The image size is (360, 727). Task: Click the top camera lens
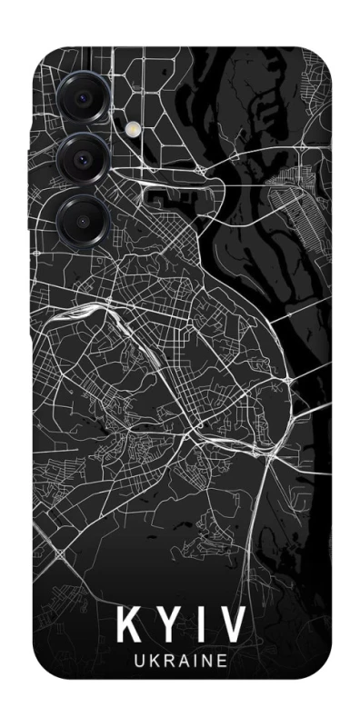point(84,95)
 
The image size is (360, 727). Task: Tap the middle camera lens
point(85,158)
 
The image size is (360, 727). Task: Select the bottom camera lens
point(84,221)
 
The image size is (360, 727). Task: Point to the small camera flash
point(137,129)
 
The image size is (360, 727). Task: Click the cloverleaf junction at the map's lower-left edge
point(61,553)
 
